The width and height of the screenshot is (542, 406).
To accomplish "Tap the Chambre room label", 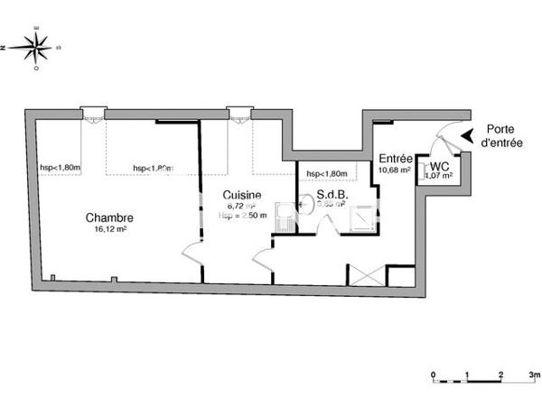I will click(110, 217).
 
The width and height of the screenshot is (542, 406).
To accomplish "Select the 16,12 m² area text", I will click(110, 229).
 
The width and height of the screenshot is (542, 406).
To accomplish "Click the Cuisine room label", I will click(243, 195).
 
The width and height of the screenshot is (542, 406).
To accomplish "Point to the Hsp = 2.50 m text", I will click(243, 216).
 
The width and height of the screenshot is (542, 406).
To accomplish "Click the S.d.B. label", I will click(332, 195).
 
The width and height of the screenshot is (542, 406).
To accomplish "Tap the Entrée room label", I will click(395, 158).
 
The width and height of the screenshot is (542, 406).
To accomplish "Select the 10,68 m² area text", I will click(395, 170).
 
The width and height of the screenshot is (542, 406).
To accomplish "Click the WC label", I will click(440, 166).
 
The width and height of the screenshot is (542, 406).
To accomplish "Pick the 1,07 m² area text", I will click(441, 176).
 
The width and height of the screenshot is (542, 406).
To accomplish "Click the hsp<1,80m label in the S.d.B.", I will click(327, 174).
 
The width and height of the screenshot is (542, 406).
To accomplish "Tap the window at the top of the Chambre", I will click(93, 113).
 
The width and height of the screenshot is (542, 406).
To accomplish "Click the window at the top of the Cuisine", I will click(239, 113).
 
